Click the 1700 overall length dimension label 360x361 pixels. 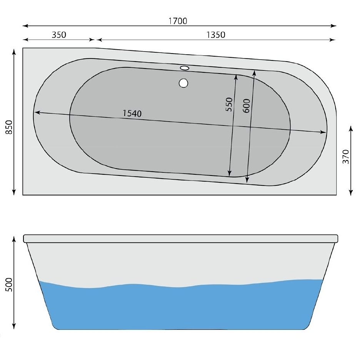coord(178,21)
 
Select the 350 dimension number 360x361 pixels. coord(59,35)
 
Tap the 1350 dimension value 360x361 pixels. coord(215,35)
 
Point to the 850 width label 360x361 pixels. coord(9,127)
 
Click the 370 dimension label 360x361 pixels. coord(345,157)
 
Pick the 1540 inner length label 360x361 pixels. coord(132,114)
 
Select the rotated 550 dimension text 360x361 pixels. coord(229,104)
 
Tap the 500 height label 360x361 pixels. coord(9,285)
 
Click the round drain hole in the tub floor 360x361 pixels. coord(183,82)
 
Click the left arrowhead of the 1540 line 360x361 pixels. coord(37,113)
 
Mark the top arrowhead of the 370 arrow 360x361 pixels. coord(351,127)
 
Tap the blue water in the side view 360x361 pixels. coord(181,308)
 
